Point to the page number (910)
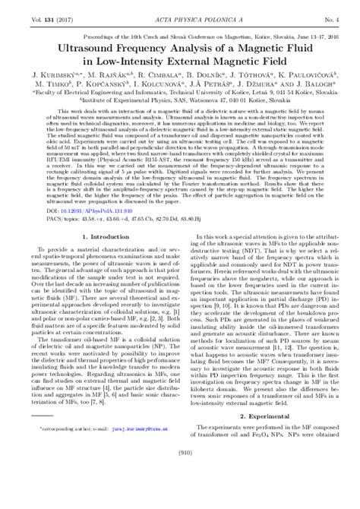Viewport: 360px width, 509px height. [x=180, y=496]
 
